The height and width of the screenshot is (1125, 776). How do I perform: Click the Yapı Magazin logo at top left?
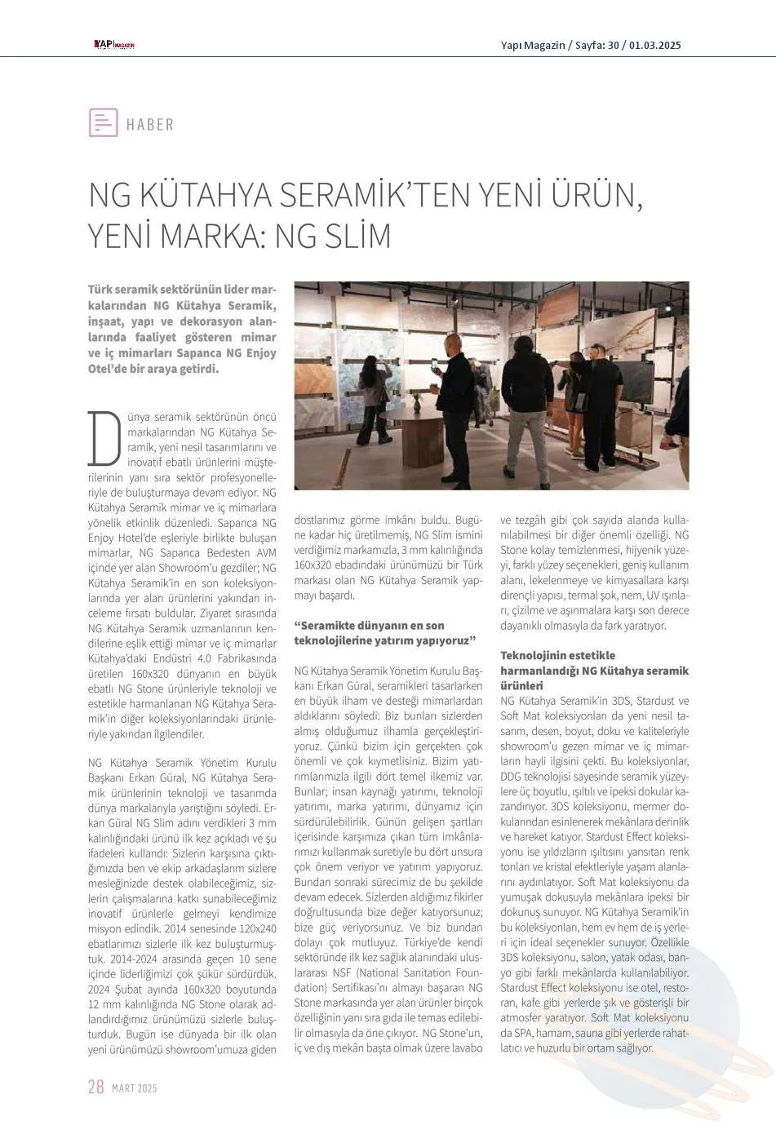[113, 45]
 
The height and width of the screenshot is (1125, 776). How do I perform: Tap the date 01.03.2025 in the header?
[654, 45]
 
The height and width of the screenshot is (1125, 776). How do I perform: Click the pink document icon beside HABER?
[103, 122]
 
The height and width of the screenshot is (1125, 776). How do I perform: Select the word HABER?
[150, 125]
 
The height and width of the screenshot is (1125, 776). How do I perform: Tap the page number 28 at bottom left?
[95, 1087]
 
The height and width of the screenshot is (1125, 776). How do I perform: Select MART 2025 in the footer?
[134, 1088]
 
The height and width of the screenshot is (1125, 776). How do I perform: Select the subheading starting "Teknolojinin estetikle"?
[558, 655]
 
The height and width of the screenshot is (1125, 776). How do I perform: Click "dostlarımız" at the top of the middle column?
[321, 519]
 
